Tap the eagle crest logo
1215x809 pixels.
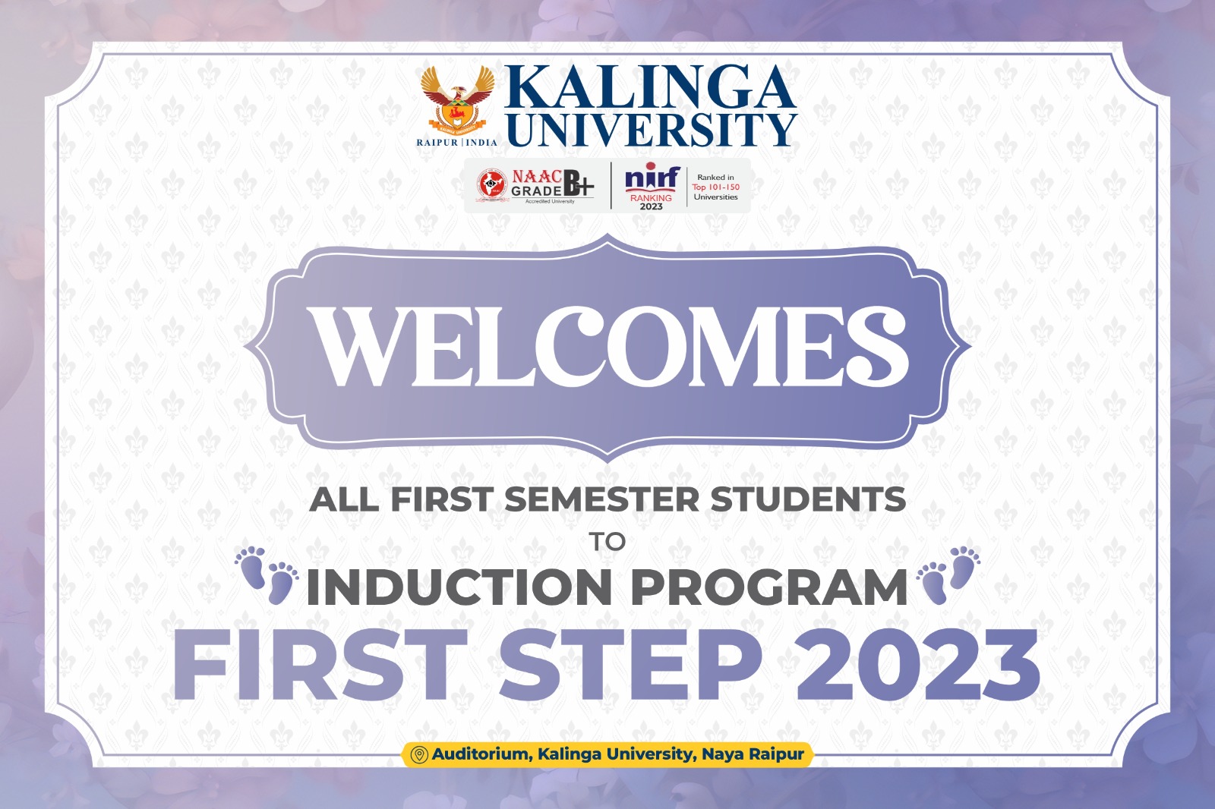pyautogui.click(x=458, y=100)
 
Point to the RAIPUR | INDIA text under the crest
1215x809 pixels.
pyautogui.click(x=456, y=143)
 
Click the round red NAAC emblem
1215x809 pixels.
pyautogui.click(x=492, y=185)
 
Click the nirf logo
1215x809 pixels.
pyautogui.click(x=652, y=178)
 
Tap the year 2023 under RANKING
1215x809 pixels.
pyautogui.click(x=651, y=206)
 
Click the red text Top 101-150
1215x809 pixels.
pyautogui.click(x=715, y=187)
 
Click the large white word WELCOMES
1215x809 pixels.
pyautogui.click(x=607, y=347)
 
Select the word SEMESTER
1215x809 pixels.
pyautogui.click(x=602, y=499)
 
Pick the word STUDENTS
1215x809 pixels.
pyautogui.click(x=808, y=499)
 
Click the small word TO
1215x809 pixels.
pyautogui.click(x=607, y=542)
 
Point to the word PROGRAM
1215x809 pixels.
pyautogui.click(x=770, y=587)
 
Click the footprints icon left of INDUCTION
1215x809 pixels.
pyautogui.click(x=267, y=574)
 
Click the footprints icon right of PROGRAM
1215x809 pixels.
pyautogui.click(x=948, y=574)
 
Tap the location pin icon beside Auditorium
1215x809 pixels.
pyautogui.click(x=418, y=755)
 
